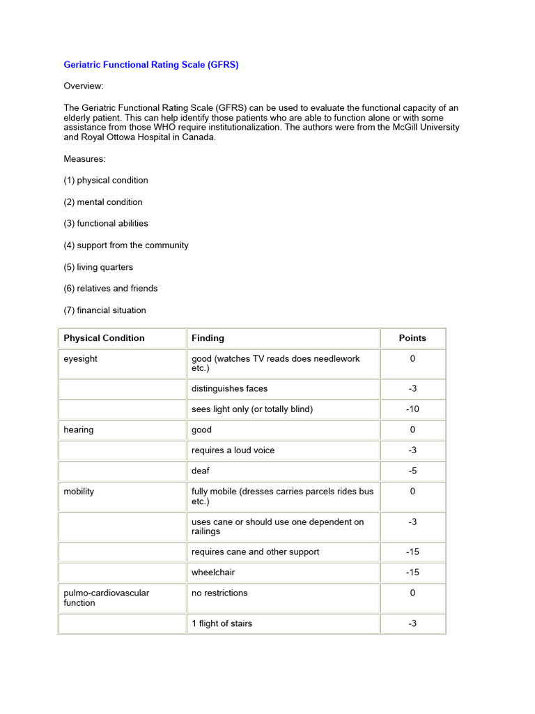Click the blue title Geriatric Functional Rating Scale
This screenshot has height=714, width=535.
point(151,65)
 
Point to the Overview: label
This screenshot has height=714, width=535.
point(84,86)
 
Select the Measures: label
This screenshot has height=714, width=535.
point(84,159)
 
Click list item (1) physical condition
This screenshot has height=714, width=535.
point(106,181)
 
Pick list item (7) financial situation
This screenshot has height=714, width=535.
point(105,310)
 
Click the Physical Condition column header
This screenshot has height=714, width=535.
point(104,338)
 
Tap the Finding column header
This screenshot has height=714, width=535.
point(208,338)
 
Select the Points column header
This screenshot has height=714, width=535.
point(412,338)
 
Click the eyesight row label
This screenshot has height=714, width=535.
point(81,358)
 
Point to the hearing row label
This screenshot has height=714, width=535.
point(79,430)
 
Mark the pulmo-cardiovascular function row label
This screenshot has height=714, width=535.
point(107,598)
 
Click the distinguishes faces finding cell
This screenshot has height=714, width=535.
point(229,389)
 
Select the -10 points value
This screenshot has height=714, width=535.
point(412,409)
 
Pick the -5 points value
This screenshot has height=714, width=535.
point(412,471)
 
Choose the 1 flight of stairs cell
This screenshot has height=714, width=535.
point(222,623)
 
